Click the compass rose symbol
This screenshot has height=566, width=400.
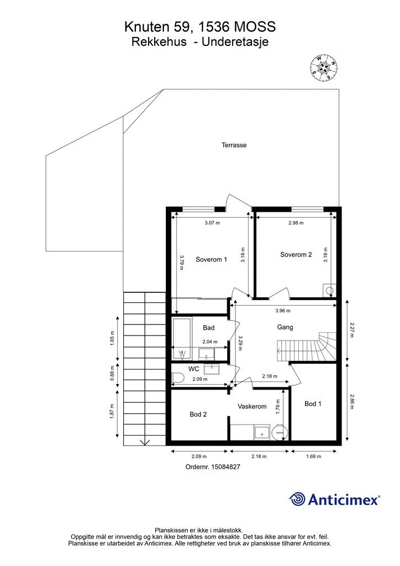(x=324, y=67)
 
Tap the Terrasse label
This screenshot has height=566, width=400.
(x=234, y=145)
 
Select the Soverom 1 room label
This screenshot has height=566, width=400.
(x=212, y=259)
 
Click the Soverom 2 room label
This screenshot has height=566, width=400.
(x=296, y=254)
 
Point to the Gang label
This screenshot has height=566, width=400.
(x=285, y=327)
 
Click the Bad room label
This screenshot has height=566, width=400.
(x=208, y=328)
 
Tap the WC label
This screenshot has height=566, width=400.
(x=194, y=369)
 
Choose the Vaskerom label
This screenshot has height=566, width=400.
(x=252, y=406)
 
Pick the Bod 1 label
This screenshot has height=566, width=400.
(x=313, y=403)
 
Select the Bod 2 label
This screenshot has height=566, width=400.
(x=198, y=415)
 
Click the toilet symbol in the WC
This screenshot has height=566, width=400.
(x=178, y=378)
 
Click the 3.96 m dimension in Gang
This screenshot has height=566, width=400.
(x=283, y=311)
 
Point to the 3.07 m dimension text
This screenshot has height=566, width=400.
(x=212, y=223)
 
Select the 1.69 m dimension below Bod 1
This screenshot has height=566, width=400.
(x=313, y=456)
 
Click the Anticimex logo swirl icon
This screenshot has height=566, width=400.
(x=297, y=499)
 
